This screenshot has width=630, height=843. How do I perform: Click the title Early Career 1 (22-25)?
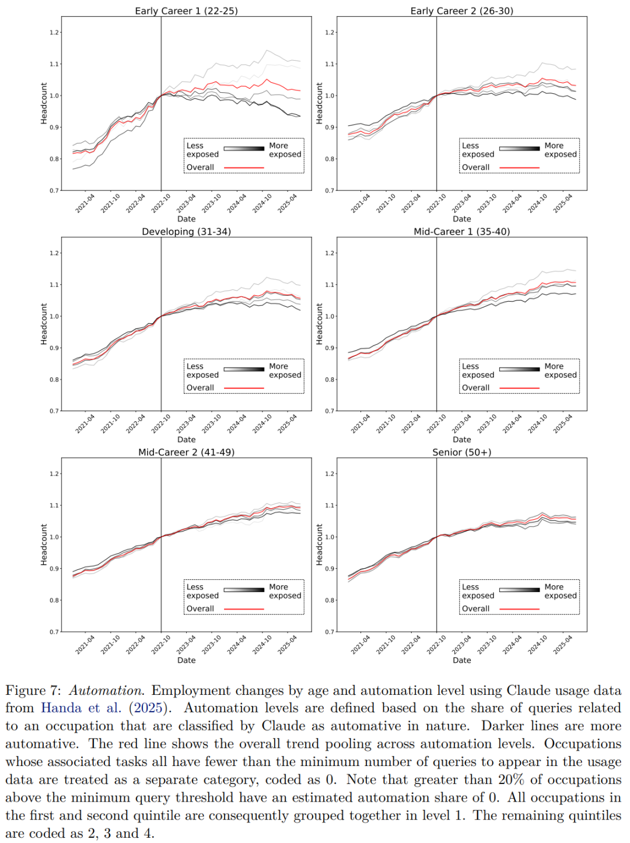[186, 11]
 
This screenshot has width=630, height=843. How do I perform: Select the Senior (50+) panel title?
[461, 452]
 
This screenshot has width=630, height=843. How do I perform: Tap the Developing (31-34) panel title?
[186, 232]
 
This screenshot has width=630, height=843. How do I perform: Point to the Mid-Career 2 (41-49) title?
[186, 452]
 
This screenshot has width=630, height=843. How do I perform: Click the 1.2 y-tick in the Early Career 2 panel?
[330, 33]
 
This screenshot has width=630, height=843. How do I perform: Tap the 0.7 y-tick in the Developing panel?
[54, 411]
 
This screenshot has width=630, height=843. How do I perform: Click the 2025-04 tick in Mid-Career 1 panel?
[563, 424]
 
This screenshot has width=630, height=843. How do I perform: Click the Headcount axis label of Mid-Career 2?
[44, 544]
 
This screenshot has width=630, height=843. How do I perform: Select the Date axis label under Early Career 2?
[461, 219]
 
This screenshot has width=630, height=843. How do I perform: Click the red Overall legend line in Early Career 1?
[244, 167]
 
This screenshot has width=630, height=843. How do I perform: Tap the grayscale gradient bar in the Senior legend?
[519, 590]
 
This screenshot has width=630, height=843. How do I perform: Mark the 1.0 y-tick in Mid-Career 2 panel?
[54, 537]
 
